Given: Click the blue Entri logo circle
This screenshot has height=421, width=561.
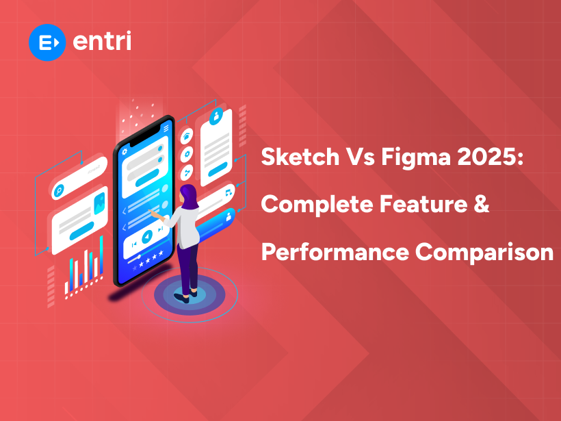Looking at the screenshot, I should click(47, 42).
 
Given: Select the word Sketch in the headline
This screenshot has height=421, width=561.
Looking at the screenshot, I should click(296, 159).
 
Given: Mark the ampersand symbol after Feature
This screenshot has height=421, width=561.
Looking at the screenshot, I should click(482, 204).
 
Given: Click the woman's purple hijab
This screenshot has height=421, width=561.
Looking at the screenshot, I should click(189, 199).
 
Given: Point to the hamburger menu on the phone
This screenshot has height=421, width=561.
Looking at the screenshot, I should click(166, 128).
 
